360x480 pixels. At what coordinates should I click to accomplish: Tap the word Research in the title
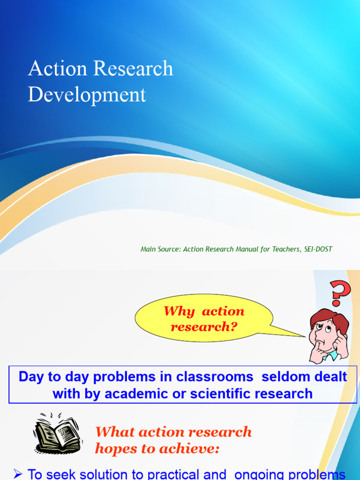point(133,69)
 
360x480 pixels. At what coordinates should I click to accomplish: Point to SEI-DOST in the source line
point(318,249)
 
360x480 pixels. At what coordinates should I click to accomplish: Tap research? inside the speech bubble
point(204,326)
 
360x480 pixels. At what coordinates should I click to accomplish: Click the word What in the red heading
point(111,432)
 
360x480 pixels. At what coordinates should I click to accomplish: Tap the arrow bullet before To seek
point(18,474)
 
